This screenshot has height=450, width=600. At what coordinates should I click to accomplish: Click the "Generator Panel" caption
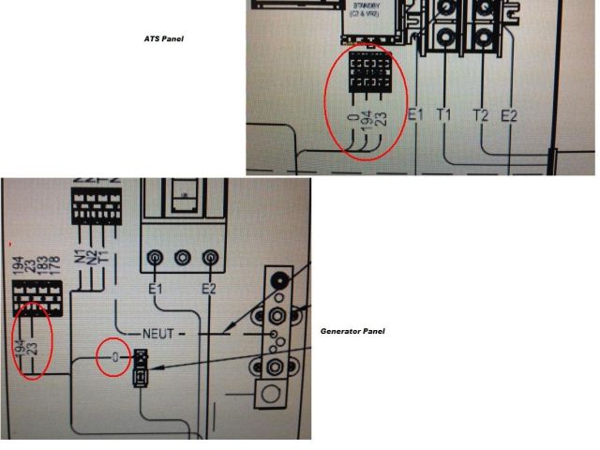pyautogui.click(x=352, y=331)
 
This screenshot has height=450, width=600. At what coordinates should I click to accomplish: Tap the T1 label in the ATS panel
pyautogui.click(x=443, y=115)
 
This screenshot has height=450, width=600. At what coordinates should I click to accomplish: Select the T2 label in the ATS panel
pyautogui.click(x=481, y=115)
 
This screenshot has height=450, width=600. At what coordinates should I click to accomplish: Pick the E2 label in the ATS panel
pyautogui.click(x=509, y=115)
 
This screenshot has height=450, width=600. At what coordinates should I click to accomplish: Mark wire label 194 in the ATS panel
pyautogui.click(x=367, y=119)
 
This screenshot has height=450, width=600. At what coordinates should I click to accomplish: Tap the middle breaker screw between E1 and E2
pyautogui.click(x=183, y=256)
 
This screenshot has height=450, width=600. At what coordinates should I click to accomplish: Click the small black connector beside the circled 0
pyautogui.click(x=141, y=367)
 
